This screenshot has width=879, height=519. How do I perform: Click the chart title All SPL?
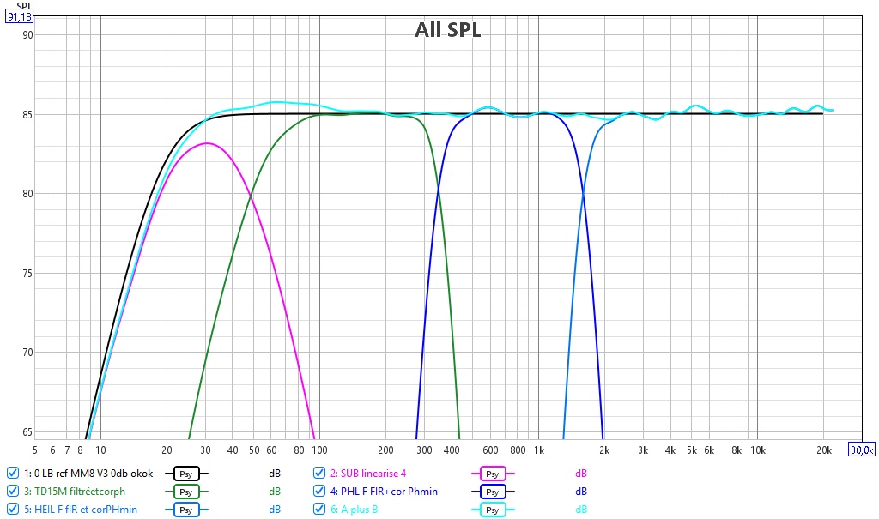click(x=447, y=30)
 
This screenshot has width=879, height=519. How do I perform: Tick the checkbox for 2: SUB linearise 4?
click(x=319, y=473)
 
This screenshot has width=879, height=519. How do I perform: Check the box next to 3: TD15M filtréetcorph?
click(x=12, y=491)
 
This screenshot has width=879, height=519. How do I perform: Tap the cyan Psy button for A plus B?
click(x=492, y=510)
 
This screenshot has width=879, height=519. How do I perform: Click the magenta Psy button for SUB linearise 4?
click(x=492, y=474)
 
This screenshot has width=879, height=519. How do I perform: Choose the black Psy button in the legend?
click(x=185, y=474)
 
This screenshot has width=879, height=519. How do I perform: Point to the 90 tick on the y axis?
click(x=27, y=35)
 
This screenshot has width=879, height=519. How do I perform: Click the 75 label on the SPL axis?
click(x=27, y=274)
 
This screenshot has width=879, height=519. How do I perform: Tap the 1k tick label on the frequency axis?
click(x=539, y=450)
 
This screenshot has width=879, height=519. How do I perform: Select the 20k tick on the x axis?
click(x=823, y=450)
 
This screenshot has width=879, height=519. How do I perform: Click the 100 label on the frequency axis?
click(x=319, y=450)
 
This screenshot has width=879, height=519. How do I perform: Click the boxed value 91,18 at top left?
click(x=19, y=17)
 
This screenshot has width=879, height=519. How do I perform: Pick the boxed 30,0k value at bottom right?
click(x=862, y=450)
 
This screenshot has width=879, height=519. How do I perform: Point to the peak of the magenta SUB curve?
click(x=206, y=143)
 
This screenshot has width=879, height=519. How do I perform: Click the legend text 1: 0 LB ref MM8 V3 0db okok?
click(x=88, y=474)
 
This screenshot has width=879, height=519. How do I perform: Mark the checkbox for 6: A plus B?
click(x=319, y=509)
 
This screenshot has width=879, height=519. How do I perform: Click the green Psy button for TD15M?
click(x=185, y=492)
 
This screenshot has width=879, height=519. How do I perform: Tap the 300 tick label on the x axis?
click(x=424, y=450)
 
